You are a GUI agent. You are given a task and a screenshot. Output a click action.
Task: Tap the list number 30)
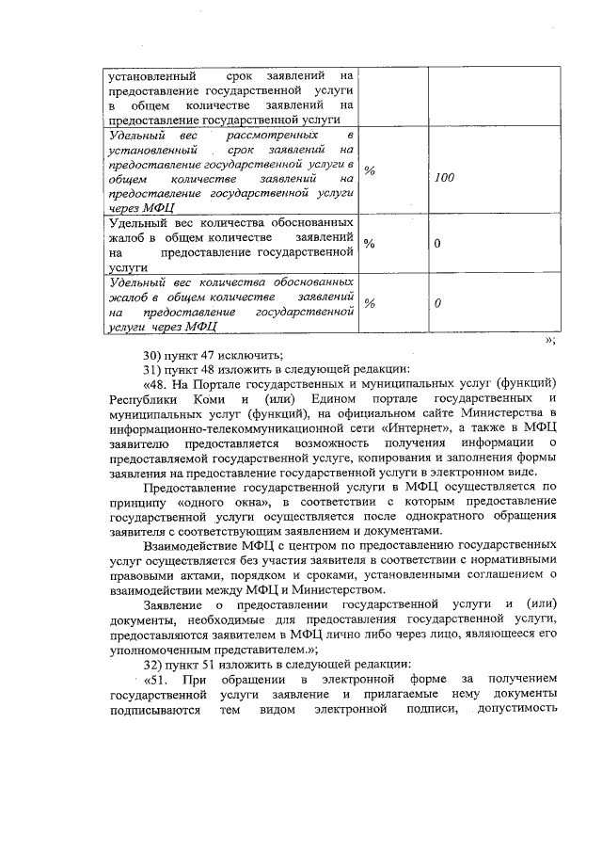[153, 355]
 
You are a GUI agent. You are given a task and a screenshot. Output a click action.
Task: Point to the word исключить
[251, 355]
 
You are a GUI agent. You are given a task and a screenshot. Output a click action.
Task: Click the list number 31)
[153, 369]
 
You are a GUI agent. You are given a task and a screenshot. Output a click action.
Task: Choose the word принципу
[139, 502]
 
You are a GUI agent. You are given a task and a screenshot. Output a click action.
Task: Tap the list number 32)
[153, 664]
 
